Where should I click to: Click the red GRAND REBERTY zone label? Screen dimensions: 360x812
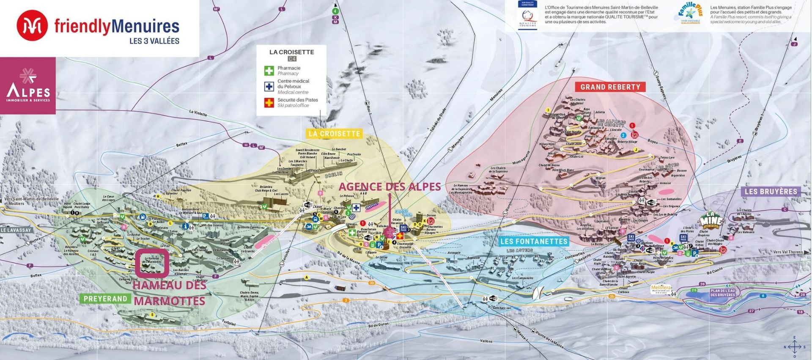pos(610,87)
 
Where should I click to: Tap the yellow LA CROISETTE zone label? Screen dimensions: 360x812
pos(335,134)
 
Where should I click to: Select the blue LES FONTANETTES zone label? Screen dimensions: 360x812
pos(534,242)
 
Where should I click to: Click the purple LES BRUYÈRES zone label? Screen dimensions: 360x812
pos(771,192)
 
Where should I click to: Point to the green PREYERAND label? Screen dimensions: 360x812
pos(105,299)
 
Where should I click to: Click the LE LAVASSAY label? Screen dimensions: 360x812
pos(16,230)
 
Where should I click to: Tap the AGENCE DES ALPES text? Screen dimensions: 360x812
pos(390,187)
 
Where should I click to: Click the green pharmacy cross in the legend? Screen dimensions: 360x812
pos(269,71)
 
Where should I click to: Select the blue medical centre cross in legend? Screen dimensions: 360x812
pos(269,86)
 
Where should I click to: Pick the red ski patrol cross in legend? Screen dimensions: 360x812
pos(269,102)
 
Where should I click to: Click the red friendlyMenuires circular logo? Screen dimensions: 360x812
pos(32,26)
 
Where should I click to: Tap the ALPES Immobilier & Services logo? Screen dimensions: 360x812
pos(28,86)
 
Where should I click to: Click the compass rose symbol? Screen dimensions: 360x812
pos(794,347)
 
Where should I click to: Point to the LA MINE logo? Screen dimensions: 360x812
pos(711,219)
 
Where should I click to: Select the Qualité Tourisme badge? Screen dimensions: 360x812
pos(527,15)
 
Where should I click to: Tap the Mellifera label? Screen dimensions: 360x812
pos(661,288)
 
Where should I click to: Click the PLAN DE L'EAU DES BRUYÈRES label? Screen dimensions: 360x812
pos(722,292)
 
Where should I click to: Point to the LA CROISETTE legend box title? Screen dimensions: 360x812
pos(291,52)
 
